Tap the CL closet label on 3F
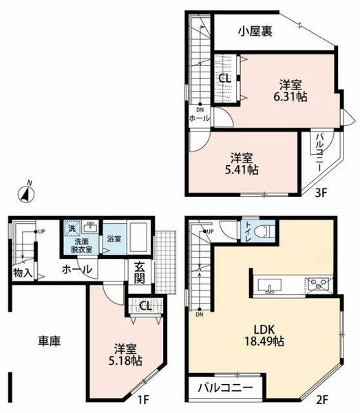tap(225, 78)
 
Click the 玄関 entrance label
tap(138, 273)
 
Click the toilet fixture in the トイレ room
tap(262, 232)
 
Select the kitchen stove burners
tap(319, 284)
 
